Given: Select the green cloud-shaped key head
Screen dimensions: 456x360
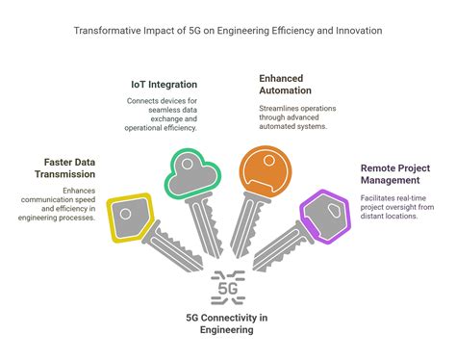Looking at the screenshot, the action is (x=190, y=174).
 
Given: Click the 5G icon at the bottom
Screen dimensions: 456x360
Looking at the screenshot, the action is (x=228, y=287).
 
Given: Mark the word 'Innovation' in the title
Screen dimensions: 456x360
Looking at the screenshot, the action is (x=353, y=31).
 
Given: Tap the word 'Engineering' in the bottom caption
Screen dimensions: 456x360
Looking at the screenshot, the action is (x=228, y=329).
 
